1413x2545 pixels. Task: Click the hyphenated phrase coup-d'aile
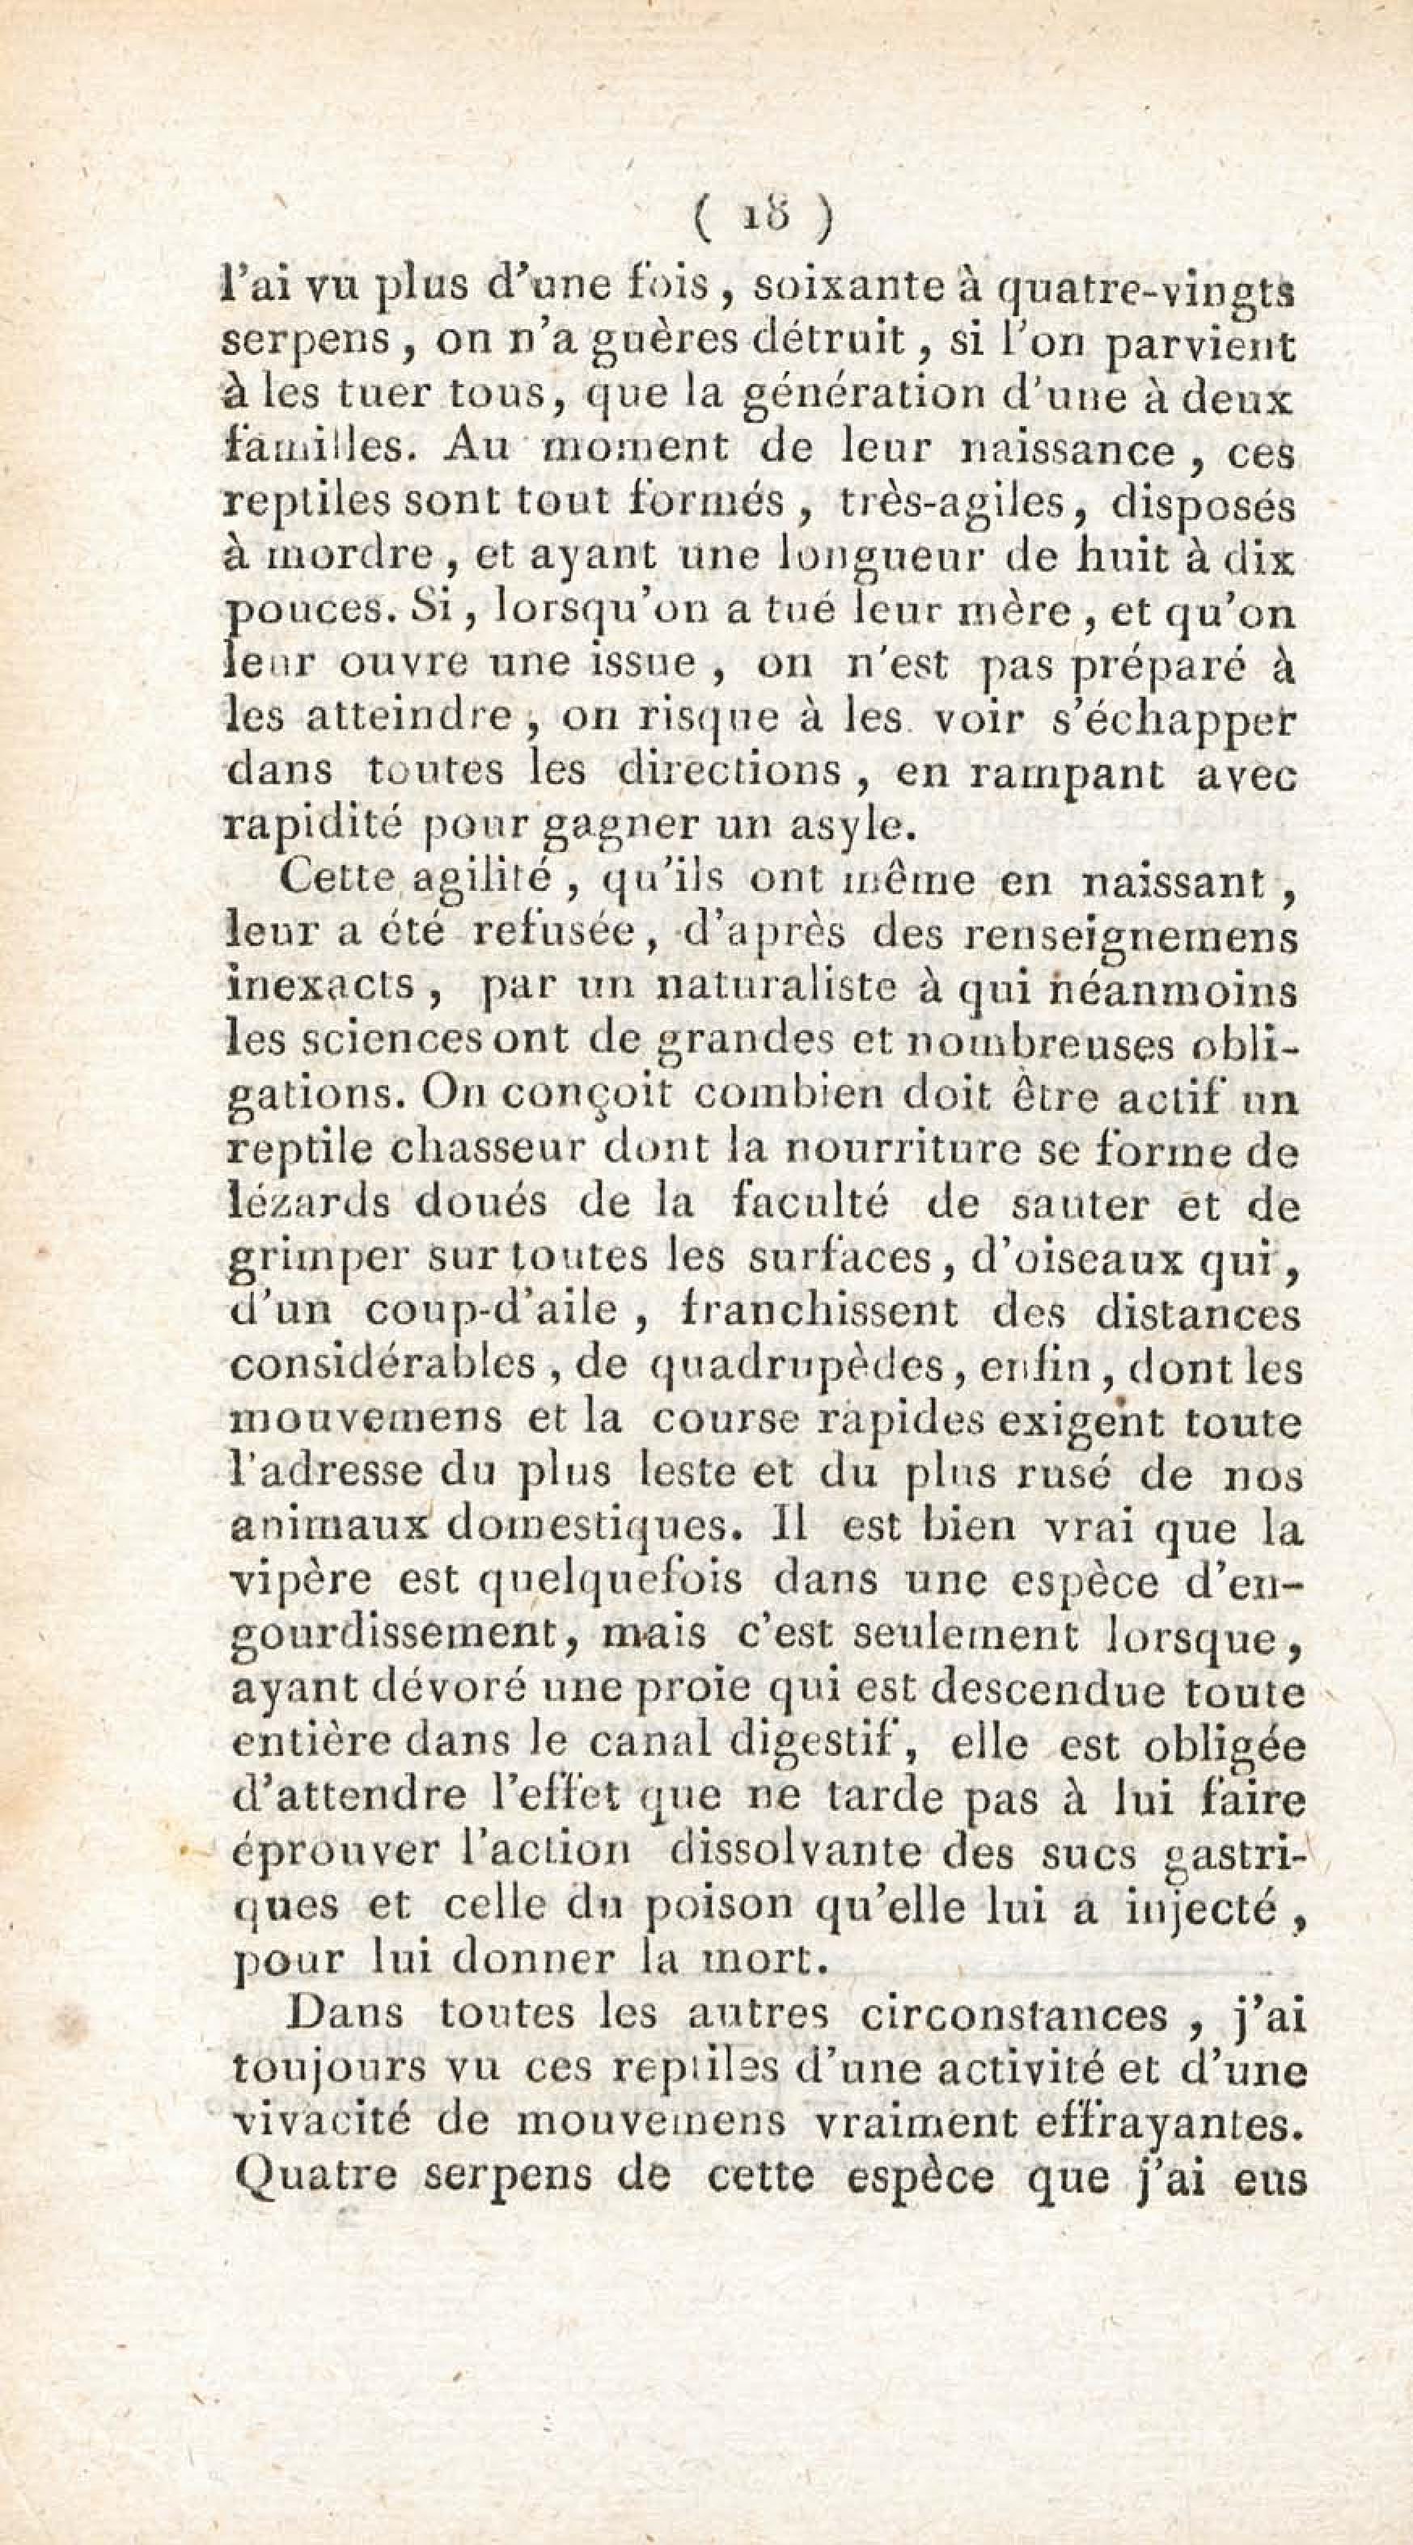tap(491, 1311)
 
